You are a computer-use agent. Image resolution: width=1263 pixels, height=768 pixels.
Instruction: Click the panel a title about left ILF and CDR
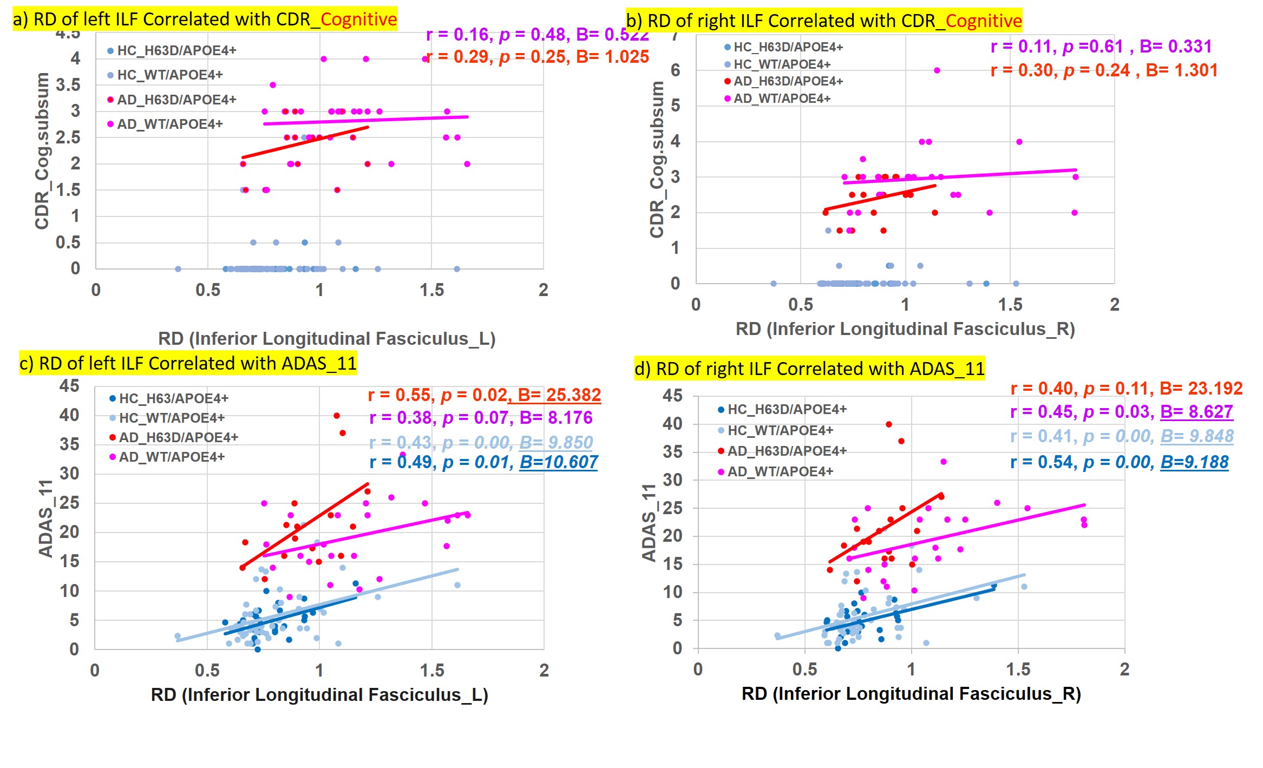[205, 19]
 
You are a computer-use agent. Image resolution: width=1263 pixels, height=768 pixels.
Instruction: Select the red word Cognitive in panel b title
[983, 21]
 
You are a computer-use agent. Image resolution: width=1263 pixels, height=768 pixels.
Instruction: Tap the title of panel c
[188, 363]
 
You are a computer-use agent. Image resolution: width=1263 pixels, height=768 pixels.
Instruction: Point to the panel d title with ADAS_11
[809, 369]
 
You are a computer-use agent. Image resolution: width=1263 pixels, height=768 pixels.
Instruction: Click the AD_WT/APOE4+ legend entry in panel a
[169, 124]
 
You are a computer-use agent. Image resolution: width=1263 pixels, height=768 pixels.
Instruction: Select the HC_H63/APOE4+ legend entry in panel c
[173, 398]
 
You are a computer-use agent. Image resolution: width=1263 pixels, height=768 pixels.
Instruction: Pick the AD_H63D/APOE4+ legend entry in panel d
[786, 451]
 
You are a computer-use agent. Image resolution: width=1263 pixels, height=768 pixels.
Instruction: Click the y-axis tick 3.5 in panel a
[68, 85]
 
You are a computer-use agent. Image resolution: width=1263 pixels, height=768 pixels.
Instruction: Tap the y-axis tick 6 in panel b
[675, 70]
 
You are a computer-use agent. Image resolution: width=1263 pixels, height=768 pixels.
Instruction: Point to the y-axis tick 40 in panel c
[69, 415]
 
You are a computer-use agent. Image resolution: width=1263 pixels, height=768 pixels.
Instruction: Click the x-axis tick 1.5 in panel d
[1018, 669]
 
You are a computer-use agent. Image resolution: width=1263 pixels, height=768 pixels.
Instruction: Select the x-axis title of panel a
[326, 338]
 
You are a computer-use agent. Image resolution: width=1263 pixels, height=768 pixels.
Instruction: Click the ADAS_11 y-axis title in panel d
[649, 523]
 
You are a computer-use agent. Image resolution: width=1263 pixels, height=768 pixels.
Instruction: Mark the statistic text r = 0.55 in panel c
[400, 395]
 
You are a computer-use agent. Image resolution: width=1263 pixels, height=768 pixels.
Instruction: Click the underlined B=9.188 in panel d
[1194, 462]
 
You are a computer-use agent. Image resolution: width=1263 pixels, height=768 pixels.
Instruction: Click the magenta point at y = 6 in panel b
[937, 70]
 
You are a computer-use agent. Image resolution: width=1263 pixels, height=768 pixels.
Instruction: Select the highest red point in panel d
[889, 424]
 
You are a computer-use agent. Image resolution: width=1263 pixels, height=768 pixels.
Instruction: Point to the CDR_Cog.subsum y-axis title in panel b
[657, 159]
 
